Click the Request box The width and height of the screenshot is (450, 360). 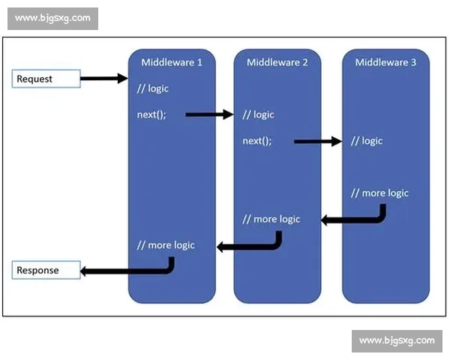point(46,78)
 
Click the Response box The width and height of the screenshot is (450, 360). point(46,270)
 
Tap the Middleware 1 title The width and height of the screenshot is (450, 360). point(172,62)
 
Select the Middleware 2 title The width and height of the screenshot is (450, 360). point(277,62)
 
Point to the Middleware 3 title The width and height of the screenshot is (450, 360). point(385,62)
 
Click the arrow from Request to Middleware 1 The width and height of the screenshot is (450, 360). point(104,78)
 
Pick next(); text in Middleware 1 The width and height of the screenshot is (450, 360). point(151,115)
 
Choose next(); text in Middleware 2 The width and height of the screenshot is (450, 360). point(257,141)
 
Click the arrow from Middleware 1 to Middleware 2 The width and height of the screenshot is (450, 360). point(209,115)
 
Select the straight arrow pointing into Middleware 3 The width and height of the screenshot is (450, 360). point(318,141)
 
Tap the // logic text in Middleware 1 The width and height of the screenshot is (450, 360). point(153,88)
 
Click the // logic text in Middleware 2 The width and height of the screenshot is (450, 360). point(258,115)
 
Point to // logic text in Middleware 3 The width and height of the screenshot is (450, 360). point(367,141)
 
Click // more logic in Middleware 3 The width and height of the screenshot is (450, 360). point(379,193)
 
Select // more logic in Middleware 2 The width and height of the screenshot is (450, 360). point(271,219)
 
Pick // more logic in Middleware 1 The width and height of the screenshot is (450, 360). point(166,245)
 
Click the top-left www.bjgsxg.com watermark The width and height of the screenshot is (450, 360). point(52,18)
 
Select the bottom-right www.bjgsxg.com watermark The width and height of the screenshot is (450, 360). point(397,340)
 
